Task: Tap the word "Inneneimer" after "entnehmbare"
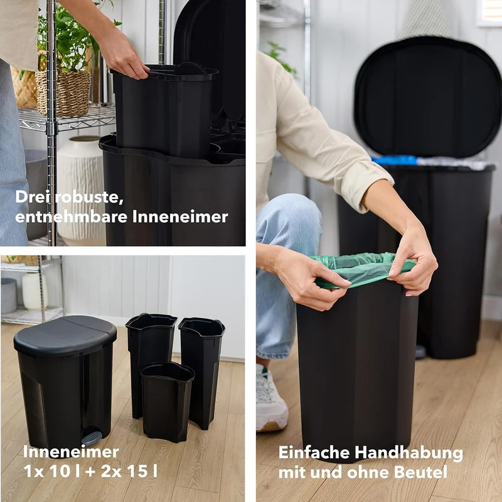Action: click(180, 216)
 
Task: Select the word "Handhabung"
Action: click(409, 452)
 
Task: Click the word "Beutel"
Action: click(420, 473)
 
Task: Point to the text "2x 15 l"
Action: click(129, 471)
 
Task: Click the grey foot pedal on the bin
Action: click(92, 437)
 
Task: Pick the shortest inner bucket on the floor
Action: click(167, 402)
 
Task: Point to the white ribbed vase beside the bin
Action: click(82, 189)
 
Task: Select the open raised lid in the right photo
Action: click(428, 98)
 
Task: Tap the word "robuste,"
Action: click(89, 196)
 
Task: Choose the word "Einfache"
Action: click(314, 452)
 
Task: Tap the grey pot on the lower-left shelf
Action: click(9, 296)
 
